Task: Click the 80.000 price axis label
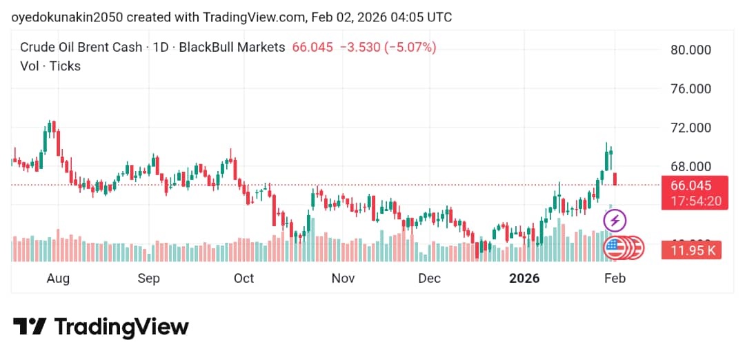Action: [691, 50]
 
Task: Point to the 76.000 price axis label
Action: [691, 89]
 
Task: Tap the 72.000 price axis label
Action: [691, 128]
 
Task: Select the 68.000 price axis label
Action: [691, 166]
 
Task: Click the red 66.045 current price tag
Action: [691, 186]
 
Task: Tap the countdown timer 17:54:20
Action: [691, 201]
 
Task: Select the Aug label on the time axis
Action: [58, 279]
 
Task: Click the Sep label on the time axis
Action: [148, 279]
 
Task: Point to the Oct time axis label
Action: [244, 279]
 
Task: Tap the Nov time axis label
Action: [343, 279]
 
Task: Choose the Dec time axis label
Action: [429, 279]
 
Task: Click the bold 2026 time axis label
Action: [524, 279]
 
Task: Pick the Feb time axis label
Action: [615, 279]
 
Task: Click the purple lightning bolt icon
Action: [615, 221]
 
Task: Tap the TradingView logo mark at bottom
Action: [30, 326]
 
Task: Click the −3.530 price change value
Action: [360, 48]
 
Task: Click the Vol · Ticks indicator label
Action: [50, 66]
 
